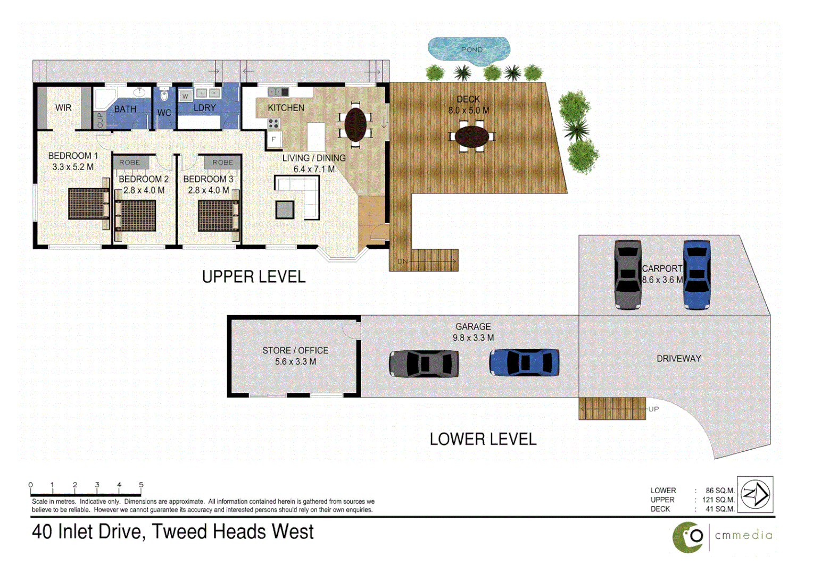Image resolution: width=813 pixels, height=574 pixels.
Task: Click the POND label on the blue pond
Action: click(x=471, y=49)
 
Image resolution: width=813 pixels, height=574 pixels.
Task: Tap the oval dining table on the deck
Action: click(x=471, y=137)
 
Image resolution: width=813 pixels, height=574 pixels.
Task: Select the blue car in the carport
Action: click(x=696, y=274)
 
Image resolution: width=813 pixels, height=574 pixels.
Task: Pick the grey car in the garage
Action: click(x=424, y=364)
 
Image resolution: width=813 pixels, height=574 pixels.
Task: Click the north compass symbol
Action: click(x=756, y=494)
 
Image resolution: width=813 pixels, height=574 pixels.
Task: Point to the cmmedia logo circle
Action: click(x=688, y=537)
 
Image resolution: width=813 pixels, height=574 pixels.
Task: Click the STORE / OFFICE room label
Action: click(x=295, y=350)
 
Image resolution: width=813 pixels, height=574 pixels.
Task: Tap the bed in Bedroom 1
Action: click(x=88, y=204)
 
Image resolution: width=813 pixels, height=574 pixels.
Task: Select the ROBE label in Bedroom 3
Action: click(x=222, y=162)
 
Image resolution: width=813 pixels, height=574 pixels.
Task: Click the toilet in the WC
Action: click(x=164, y=95)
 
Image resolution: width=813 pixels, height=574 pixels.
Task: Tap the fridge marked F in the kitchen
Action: click(x=273, y=139)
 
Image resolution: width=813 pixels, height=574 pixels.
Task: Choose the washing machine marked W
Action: click(x=185, y=96)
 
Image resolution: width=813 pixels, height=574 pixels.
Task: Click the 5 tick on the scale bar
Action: click(x=141, y=485)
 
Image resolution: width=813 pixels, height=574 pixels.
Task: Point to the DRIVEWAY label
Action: click(x=678, y=358)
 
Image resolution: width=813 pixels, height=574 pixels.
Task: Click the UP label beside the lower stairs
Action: click(x=653, y=409)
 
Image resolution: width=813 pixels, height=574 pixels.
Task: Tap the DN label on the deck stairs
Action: click(x=402, y=261)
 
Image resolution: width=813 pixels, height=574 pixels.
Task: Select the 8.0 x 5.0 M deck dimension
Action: click(x=468, y=111)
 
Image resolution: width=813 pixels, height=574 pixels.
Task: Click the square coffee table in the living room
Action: click(x=285, y=209)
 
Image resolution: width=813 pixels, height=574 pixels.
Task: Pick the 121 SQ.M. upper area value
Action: click(x=718, y=500)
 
